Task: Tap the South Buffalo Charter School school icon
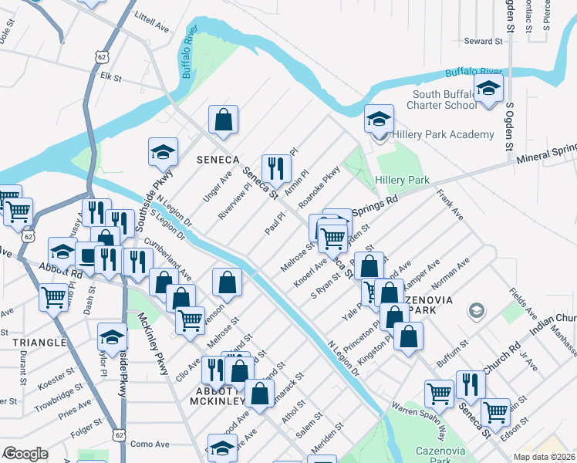tap(488, 90)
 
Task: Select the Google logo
tap(25, 454)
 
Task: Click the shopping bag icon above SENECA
tap(223, 120)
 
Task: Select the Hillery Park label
tap(402, 180)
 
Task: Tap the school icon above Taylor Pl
tap(112, 336)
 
